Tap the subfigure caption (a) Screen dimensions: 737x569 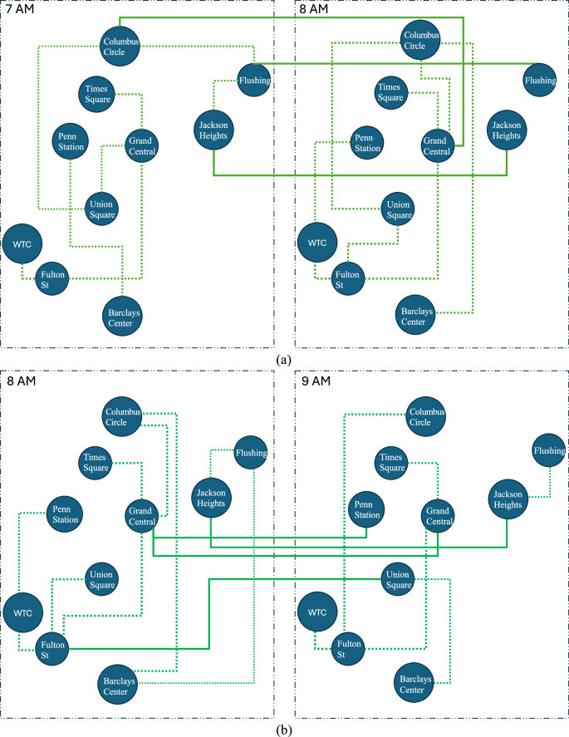[284, 359]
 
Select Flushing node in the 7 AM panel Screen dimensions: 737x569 [254, 81]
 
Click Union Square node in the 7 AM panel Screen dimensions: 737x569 [102, 206]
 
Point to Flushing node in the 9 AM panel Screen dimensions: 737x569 [549, 451]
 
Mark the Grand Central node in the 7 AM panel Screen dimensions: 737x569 [142, 146]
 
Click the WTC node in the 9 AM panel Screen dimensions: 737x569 [315, 612]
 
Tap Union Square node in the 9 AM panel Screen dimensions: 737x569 [400, 579]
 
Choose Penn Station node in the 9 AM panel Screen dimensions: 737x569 [365, 509]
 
